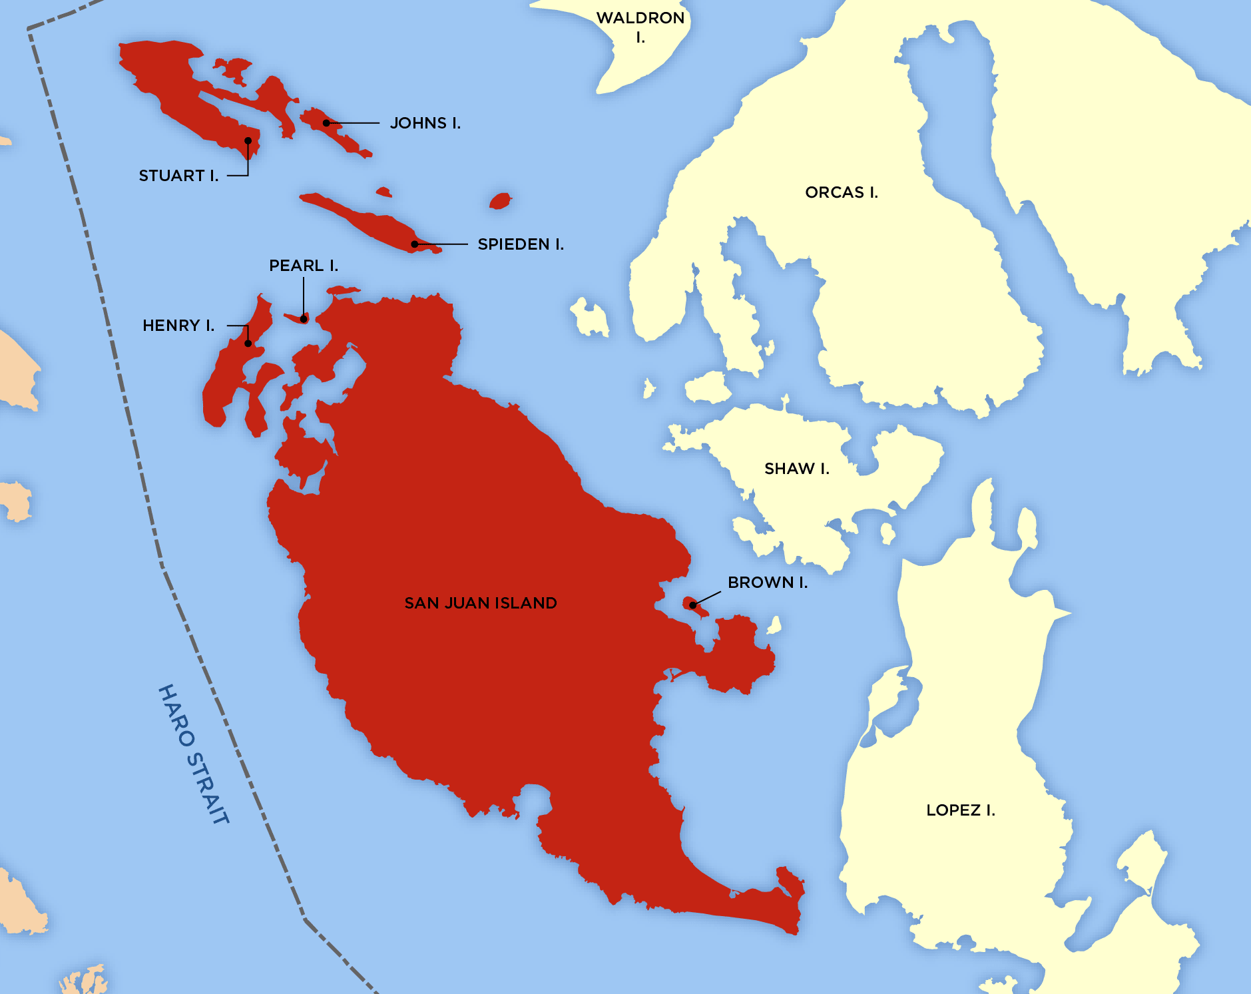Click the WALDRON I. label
pyautogui.click(x=640, y=27)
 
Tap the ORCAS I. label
pyautogui.click(x=841, y=192)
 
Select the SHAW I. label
pyautogui.click(x=796, y=469)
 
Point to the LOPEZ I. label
pyautogui.click(x=960, y=810)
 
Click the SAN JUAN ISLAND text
pyautogui.click(x=481, y=603)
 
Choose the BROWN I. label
pyautogui.click(x=767, y=583)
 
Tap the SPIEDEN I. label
pyautogui.click(x=521, y=244)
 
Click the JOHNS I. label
pyautogui.click(x=425, y=123)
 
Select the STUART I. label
pyautogui.click(x=178, y=176)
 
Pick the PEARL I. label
pyautogui.click(x=304, y=266)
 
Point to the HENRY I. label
pyautogui.click(x=178, y=326)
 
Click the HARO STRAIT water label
pyautogui.click(x=194, y=754)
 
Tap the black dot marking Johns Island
pyautogui.click(x=326, y=123)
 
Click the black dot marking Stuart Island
pyautogui.click(x=248, y=140)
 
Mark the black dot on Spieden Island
pyautogui.click(x=414, y=244)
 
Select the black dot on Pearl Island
pyautogui.click(x=304, y=319)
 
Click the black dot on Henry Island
pyautogui.click(x=248, y=344)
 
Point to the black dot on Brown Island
pyautogui.click(x=693, y=605)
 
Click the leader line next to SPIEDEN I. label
pyautogui.click(x=443, y=244)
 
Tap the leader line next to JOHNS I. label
pyautogui.click(x=354, y=123)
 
